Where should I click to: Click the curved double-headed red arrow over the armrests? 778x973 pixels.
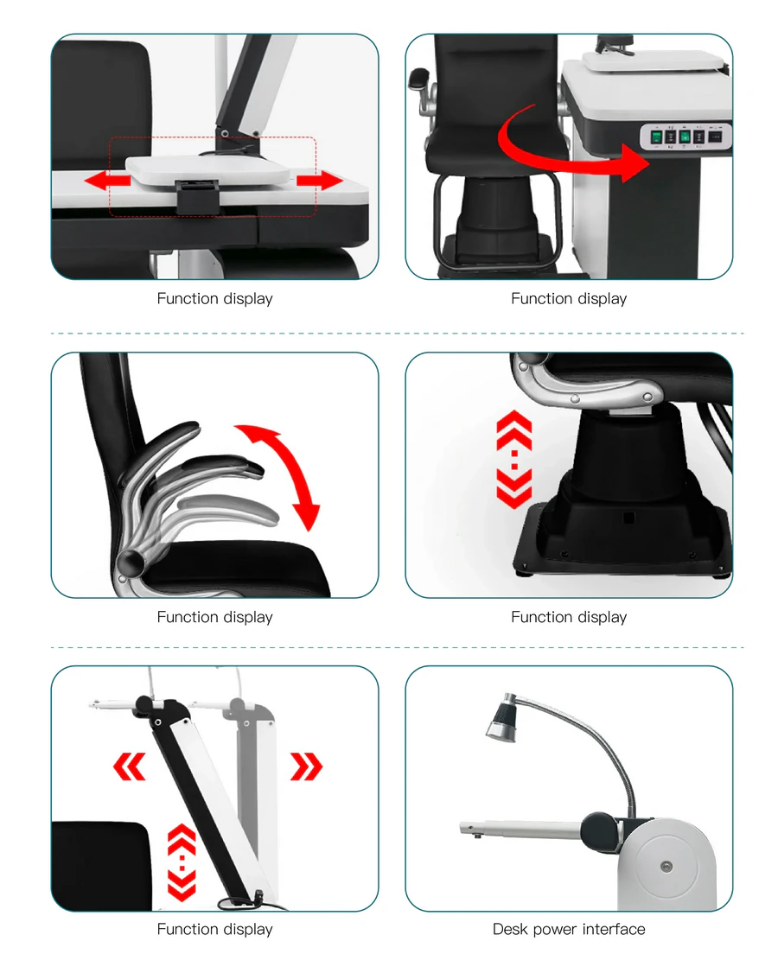click(279, 474)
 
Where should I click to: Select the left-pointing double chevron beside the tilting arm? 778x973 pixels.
click(130, 766)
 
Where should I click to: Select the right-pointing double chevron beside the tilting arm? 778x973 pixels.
click(306, 766)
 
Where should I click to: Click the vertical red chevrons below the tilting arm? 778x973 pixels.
click(182, 862)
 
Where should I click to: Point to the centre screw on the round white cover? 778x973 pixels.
click(665, 865)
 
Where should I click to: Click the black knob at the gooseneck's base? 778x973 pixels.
click(598, 830)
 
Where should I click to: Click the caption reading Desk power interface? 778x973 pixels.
click(569, 929)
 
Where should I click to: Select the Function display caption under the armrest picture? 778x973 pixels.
click(214, 617)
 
